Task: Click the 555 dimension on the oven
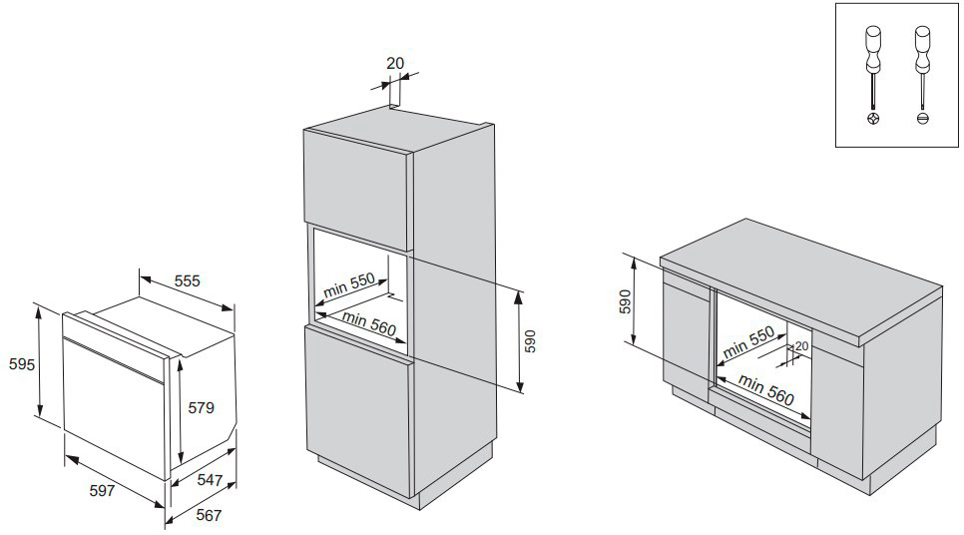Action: pyautogui.click(x=188, y=281)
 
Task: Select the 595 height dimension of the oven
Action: pyautogui.click(x=17, y=365)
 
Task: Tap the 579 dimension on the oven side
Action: pyautogui.click(x=202, y=408)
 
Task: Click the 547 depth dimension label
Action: pyautogui.click(x=210, y=480)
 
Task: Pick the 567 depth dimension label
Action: pyautogui.click(x=208, y=516)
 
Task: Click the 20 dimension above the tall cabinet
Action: pyautogui.click(x=395, y=64)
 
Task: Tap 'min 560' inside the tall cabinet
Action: pyautogui.click(x=369, y=323)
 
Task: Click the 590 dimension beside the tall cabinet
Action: pyautogui.click(x=531, y=340)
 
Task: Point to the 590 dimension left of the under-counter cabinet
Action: pyautogui.click(x=626, y=301)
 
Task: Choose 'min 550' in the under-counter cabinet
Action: pyautogui.click(x=748, y=343)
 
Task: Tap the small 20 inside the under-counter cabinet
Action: pyautogui.click(x=801, y=346)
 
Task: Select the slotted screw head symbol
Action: pyautogui.click(x=921, y=118)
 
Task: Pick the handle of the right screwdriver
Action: pyautogui.click(x=921, y=45)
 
